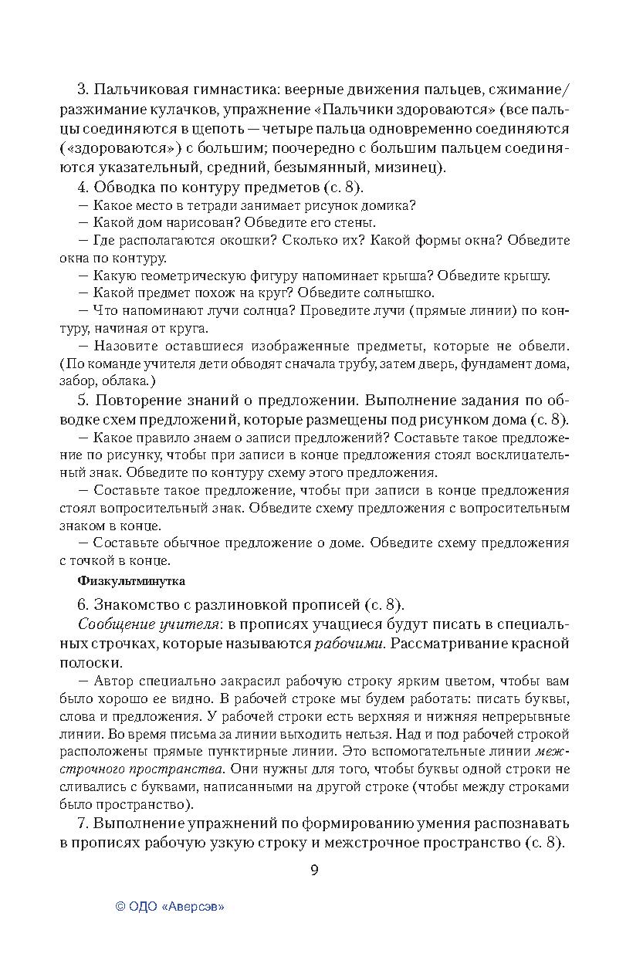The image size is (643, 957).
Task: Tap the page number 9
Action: (x=314, y=871)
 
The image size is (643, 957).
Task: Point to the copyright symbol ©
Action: (x=120, y=908)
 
